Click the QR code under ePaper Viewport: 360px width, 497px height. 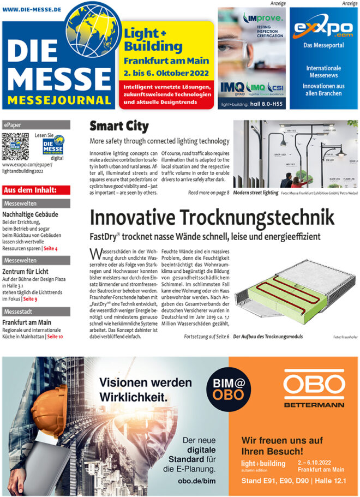(15, 146)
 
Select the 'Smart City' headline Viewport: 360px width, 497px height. (119, 127)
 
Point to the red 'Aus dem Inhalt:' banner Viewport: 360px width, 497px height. (36, 190)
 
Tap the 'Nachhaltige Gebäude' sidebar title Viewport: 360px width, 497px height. (31, 215)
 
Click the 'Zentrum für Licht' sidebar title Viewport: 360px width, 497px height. (26, 272)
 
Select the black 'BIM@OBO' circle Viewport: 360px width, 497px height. (225, 388)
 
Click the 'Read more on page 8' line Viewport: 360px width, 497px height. (208, 193)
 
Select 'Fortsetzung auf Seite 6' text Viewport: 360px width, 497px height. (206, 337)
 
